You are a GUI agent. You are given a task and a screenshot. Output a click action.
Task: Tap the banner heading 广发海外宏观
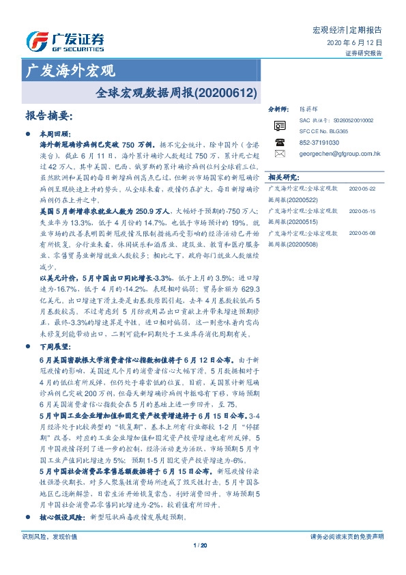pos(70,70)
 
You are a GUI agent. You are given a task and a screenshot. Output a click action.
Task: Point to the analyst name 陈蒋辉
pos(310,109)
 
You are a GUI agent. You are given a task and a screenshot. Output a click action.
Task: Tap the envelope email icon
pos(279,154)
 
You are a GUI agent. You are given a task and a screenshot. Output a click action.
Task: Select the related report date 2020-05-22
pos(362,188)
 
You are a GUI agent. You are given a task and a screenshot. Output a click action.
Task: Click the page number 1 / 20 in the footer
pos(200,545)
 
